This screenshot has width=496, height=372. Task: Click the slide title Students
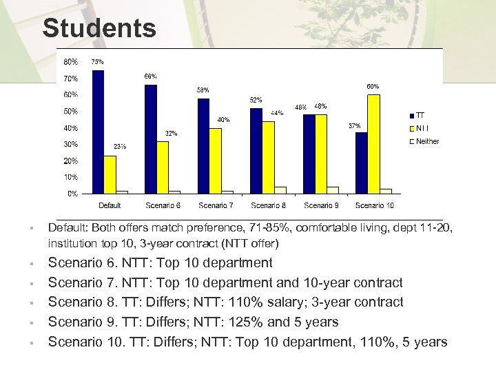point(99,28)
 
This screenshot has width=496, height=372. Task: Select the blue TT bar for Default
point(98,131)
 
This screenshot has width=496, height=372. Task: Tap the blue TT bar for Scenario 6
point(151,138)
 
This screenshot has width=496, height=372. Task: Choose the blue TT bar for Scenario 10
point(361,163)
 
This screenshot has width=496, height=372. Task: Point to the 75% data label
point(98,61)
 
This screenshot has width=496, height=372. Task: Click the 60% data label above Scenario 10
point(372,86)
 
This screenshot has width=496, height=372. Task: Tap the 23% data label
point(120,146)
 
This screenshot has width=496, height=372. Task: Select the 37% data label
point(354,125)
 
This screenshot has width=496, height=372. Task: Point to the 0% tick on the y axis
point(72,194)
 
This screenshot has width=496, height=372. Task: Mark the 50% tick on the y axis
point(71,111)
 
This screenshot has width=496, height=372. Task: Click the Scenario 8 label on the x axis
point(269,205)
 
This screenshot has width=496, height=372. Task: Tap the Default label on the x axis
point(110,205)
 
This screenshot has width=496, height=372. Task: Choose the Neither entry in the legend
point(427,141)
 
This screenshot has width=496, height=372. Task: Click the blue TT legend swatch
point(411,115)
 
